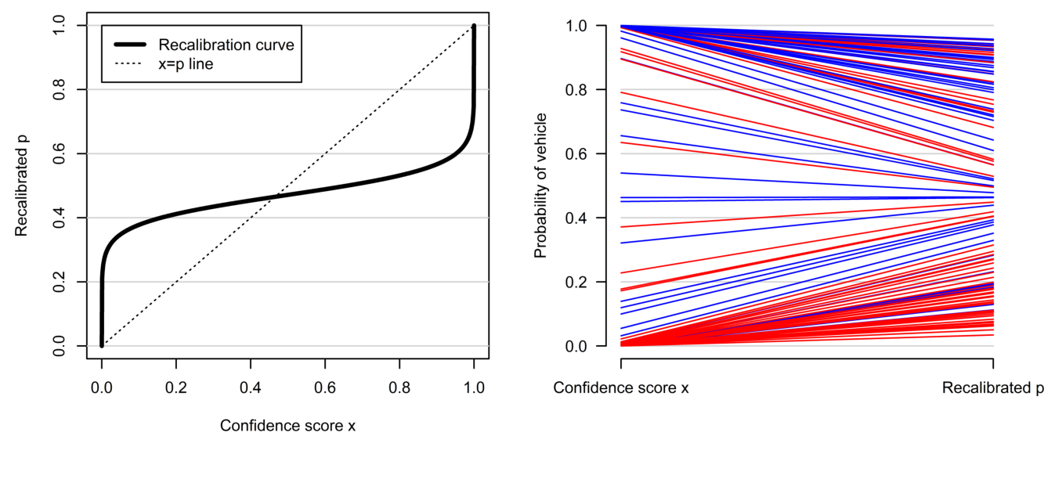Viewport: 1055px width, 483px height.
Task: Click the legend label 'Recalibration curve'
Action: [226, 45]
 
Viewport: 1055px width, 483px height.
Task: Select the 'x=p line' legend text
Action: [186, 65]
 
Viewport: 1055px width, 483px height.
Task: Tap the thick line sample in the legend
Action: [129, 45]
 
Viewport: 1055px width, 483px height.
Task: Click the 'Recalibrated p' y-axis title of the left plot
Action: [21, 186]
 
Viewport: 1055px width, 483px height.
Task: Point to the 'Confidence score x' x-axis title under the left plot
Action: [287, 426]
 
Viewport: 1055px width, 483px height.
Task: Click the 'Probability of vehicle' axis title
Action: [540, 186]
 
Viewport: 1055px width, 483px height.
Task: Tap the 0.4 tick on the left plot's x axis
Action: [251, 386]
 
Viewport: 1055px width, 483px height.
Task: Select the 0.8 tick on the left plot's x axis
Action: [399, 386]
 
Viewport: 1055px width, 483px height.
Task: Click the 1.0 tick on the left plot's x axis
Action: [474, 386]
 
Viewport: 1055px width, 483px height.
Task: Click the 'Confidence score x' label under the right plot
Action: [621, 388]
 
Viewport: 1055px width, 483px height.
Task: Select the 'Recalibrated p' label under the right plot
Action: [993, 388]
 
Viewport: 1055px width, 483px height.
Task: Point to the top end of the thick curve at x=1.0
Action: [474, 27]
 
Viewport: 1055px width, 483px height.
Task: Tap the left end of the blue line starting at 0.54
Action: [622, 173]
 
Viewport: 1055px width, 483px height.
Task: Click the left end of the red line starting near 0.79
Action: [622, 92]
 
